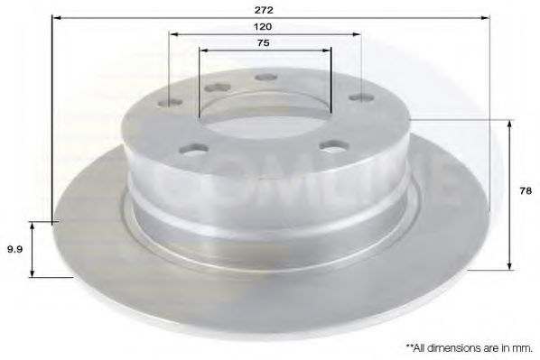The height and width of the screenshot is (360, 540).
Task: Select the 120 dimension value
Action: coord(265,27)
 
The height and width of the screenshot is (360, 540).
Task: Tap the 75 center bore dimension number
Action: coord(265,42)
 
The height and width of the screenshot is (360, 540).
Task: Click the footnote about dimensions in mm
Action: coord(470,346)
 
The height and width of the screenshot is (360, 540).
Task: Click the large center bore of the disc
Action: coord(264,115)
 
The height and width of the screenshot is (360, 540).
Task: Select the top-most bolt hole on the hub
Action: coord(265,78)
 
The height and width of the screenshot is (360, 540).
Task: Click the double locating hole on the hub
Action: coord(218,88)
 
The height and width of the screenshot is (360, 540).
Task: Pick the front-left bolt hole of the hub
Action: coord(192,148)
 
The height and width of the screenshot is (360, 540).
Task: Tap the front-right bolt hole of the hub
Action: coord(333,144)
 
